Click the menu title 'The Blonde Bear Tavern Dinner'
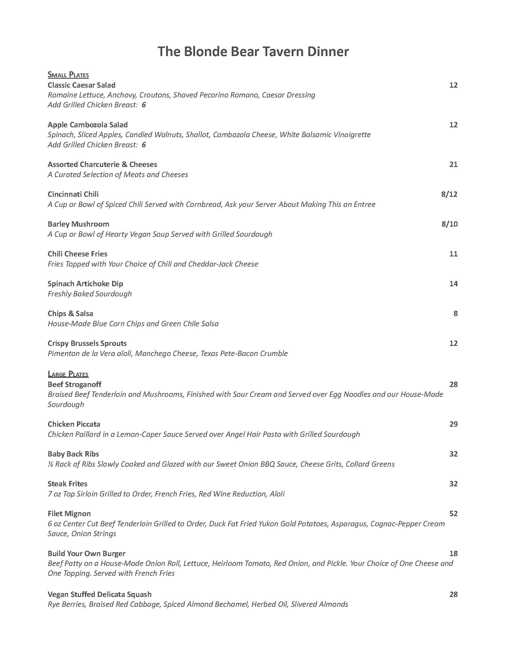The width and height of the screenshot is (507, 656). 253,52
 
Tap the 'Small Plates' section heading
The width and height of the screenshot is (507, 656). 68,75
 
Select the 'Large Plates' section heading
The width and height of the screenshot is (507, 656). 68,374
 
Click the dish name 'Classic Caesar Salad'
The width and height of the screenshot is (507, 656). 81,85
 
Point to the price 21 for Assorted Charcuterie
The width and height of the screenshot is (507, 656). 453,165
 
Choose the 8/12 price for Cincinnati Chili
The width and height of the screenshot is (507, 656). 449,194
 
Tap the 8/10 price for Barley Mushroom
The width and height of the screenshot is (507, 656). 449,224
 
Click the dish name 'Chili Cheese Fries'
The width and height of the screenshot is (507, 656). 77,254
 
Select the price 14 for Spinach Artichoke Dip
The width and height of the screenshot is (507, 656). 453,284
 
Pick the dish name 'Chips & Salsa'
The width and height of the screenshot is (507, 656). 70,314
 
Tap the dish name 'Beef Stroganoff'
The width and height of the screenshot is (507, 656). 74,384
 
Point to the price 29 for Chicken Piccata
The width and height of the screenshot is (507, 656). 453,424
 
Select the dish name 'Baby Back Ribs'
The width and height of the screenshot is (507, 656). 73,454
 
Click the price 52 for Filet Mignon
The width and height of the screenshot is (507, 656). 453,513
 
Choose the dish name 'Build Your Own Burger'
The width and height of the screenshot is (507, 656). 86,553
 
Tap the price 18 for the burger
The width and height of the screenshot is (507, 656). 453,553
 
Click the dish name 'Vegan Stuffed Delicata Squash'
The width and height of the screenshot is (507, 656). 99,594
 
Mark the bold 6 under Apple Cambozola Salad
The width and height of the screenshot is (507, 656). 144,145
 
